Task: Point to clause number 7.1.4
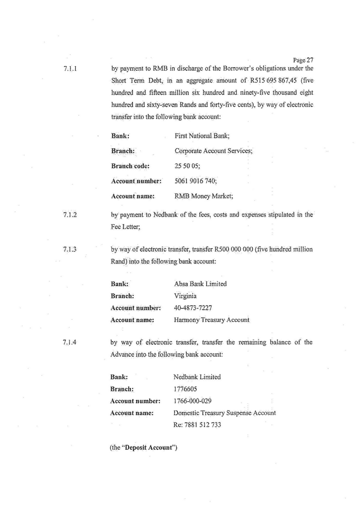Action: [70, 343]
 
